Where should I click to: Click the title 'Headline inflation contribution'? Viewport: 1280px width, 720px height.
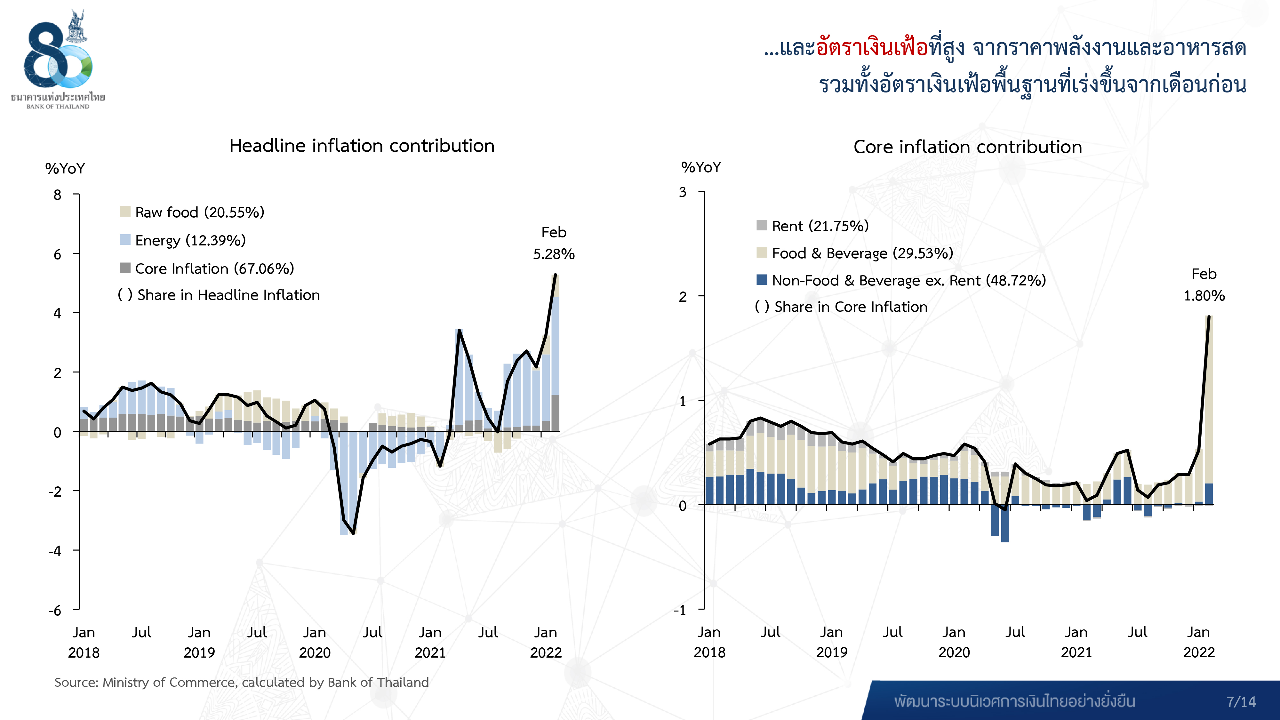(362, 146)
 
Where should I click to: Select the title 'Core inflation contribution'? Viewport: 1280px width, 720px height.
(967, 147)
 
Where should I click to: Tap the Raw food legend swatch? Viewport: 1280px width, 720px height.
(125, 212)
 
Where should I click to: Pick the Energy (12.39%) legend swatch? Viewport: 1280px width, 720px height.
(125, 240)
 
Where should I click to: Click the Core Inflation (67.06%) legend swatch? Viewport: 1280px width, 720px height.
(125, 268)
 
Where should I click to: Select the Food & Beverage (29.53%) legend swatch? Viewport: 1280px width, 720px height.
(762, 253)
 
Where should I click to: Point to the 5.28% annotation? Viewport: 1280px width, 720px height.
(554, 254)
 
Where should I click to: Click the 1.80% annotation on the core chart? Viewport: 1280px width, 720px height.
(1204, 296)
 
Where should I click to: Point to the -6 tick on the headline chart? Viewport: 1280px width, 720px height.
(55, 610)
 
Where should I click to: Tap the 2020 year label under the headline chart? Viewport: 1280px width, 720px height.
(315, 652)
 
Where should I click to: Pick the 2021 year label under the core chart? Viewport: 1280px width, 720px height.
(1076, 652)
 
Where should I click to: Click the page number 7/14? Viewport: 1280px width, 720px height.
(1241, 702)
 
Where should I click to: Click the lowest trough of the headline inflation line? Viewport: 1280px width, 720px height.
(353, 533)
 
